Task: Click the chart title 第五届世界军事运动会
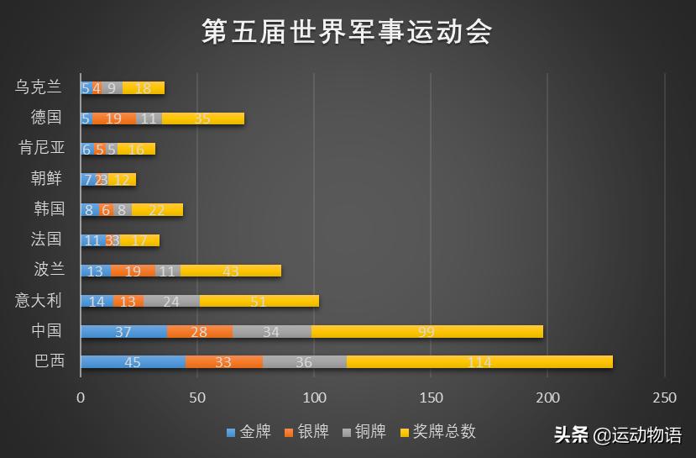click(x=347, y=32)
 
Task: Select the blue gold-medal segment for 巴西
click(x=133, y=362)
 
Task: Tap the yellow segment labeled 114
click(x=479, y=362)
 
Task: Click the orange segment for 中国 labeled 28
click(x=199, y=331)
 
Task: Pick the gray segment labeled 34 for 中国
click(x=271, y=331)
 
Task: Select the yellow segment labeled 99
click(x=426, y=331)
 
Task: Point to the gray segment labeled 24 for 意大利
click(x=171, y=301)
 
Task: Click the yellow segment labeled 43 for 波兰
click(x=231, y=271)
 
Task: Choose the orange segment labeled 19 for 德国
click(x=114, y=118)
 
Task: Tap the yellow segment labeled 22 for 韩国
click(x=157, y=210)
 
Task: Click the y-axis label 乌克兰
click(x=39, y=87)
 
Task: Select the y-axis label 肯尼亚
click(x=41, y=149)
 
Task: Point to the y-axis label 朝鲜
click(x=46, y=179)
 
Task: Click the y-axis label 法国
click(x=46, y=240)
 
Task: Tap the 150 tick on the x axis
click(x=431, y=397)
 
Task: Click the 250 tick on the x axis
click(x=664, y=397)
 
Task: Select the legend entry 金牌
click(x=249, y=432)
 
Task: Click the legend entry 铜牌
click(x=364, y=432)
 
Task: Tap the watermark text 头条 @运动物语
click(x=618, y=434)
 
